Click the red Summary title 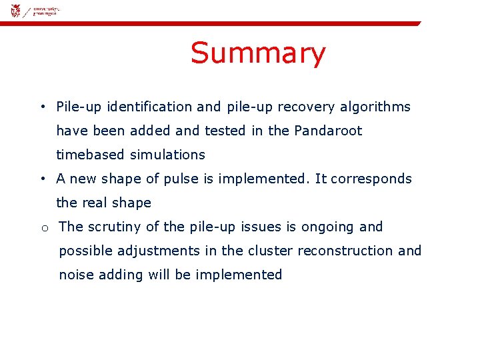tap(258, 53)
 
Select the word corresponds tap(371, 179)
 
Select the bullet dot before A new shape tap(42, 179)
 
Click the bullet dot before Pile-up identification tap(42, 107)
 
